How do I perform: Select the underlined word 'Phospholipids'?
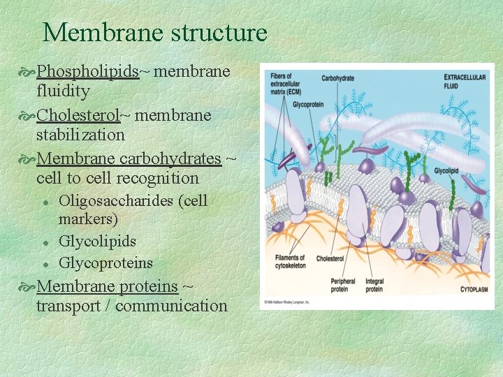pyautogui.click(x=88, y=72)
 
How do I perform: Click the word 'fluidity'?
pyautogui.click(x=63, y=91)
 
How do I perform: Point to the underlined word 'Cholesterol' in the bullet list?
pyautogui.click(x=79, y=114)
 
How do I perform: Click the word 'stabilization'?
pyautogui.click(x=80, y=134)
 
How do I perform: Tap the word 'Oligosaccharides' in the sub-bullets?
pyautogui.click(x=117, y=201)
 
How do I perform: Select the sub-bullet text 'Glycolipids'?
pyautogui.click(x=97, y=242)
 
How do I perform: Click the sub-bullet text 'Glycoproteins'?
pyautogui.click(x=105, y=263)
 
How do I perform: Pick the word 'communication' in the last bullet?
pyautogui.click(x=171, y=306)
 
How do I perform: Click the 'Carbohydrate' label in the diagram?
pyautogui.click(x=337, y=79)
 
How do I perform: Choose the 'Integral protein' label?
pyautogui.click(x=374, y=285)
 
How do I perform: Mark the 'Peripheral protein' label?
pyautogui.click(x=340, y=285)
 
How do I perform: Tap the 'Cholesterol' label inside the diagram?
pyautogui.click(x=330, y=258)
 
